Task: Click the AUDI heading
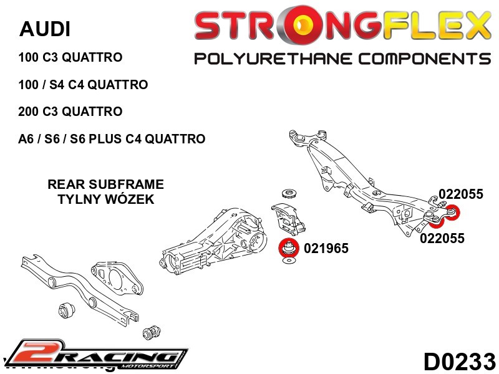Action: pos(45,29)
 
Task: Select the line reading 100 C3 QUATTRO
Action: pos(70,57)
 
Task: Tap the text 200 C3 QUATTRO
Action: pos(70,112)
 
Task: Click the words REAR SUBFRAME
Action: pos(105,185)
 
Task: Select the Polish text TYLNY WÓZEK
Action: pos(105,199)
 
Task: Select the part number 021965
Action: pos(326,249)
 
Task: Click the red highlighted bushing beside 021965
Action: pos(288,247)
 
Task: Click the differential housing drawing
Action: pos(212,237)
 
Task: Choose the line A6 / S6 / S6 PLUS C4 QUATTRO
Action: pos(112,139)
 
